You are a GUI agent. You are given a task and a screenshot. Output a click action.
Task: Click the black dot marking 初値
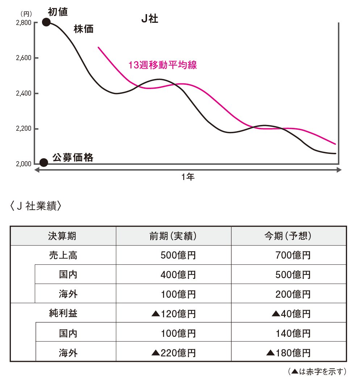pos(46,22)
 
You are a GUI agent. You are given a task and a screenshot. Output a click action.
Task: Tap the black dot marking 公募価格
pos(43,163)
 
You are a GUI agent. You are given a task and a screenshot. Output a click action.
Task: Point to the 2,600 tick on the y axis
pos(24,58)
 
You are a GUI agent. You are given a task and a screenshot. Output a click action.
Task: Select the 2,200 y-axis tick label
pos(24,129)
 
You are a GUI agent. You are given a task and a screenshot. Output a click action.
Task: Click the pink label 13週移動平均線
pos(163,65)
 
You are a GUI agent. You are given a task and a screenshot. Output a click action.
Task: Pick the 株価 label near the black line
pos(83,29)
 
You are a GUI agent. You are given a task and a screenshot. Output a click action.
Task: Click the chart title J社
pos(150,19)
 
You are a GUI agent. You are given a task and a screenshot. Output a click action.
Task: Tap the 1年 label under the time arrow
pos(188,177)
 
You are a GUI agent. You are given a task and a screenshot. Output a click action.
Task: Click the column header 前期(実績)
pos(173,236)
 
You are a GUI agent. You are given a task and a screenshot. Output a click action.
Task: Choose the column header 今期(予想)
pos(288,236)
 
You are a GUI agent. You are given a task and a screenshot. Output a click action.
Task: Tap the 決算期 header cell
pos(63,236)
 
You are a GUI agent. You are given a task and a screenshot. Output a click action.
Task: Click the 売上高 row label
pos(63,255)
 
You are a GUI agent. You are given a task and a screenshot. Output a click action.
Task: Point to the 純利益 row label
pos(63,313)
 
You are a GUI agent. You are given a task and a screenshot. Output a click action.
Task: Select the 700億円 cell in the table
pos(293,255)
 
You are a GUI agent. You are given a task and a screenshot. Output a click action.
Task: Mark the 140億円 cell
pos(293,333)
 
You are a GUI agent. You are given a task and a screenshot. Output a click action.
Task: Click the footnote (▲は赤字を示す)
pos(317,372)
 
